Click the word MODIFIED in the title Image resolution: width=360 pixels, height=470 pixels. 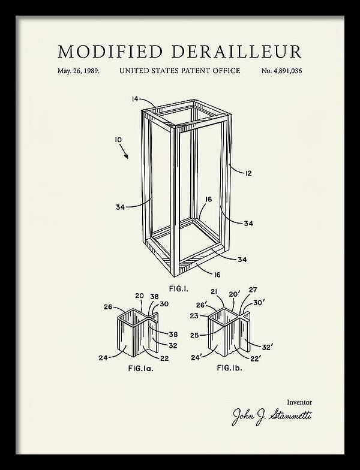tap(110, 52)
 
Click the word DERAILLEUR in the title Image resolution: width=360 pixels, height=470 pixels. tap(236, 52)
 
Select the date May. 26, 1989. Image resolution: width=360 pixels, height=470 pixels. tap(78, 71)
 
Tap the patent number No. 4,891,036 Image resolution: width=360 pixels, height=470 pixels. tap(281, 71)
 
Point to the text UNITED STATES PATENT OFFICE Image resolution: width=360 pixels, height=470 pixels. tap(180, 71)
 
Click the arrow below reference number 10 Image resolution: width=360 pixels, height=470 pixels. tap(124, 151)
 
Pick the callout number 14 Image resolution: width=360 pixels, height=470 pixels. tap(135, 98)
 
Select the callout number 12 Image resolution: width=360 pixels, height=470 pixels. tap(248, 173)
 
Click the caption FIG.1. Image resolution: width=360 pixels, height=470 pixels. tap(179, 289)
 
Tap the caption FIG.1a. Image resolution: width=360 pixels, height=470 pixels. tap(140, 368)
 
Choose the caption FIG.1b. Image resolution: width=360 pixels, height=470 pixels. tap(229, 367)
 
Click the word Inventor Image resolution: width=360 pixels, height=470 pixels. tap(299, 402)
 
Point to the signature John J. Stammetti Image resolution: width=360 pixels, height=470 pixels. tap(272, 416)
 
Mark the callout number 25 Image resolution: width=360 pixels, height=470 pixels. tap(194, 335)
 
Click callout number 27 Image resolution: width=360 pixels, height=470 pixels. tap(253, 290)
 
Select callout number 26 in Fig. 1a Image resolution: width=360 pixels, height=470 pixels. tap(108, 307)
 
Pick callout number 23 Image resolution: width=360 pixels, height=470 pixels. tap(194, 315)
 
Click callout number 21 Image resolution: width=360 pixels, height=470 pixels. tap(214, 291)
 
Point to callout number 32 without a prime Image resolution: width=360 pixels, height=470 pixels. tap(173, 345)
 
